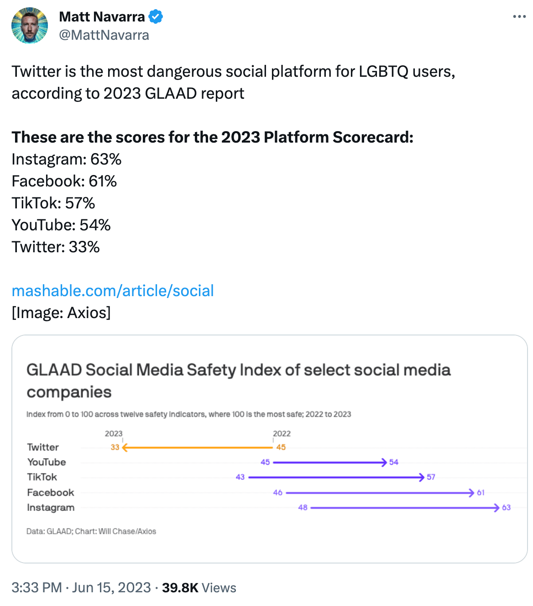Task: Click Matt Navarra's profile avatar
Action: pyautogui.click(x=30, y=26)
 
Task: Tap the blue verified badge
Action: pyautogui.click(x=156, y=17)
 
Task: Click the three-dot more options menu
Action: pyautogui.click(x=519, y=17)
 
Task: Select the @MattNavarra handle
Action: pyautogui.click(x=104, y=35)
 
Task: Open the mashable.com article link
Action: pyautogui.click(x=113, y=291)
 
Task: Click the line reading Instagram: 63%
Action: pyautogui.click(x=67, y=159)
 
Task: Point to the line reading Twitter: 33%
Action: pyautogui.click(x=56, y=247)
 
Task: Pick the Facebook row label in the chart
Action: pyautogui.click(x=51, y=493)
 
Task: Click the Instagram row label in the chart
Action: pyautogui.click(x=51, y=508)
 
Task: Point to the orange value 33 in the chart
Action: pyautogui.click(x=115, y=447)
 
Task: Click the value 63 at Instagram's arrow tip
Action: pyautogui.click(x=506, y=508)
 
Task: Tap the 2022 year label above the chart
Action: pyautogui.click(x=282, y=434)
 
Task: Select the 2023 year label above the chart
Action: pyautogui.click(x=114, y=434)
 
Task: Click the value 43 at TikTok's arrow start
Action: pyautogui.click(x=240, y=477)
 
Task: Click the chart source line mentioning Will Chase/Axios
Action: pyautogui.click(x=91, y=532)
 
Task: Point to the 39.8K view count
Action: pyautogui.click(x=180, y=588)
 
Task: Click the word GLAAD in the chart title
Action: pyautogui.click(x=54, y=370)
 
